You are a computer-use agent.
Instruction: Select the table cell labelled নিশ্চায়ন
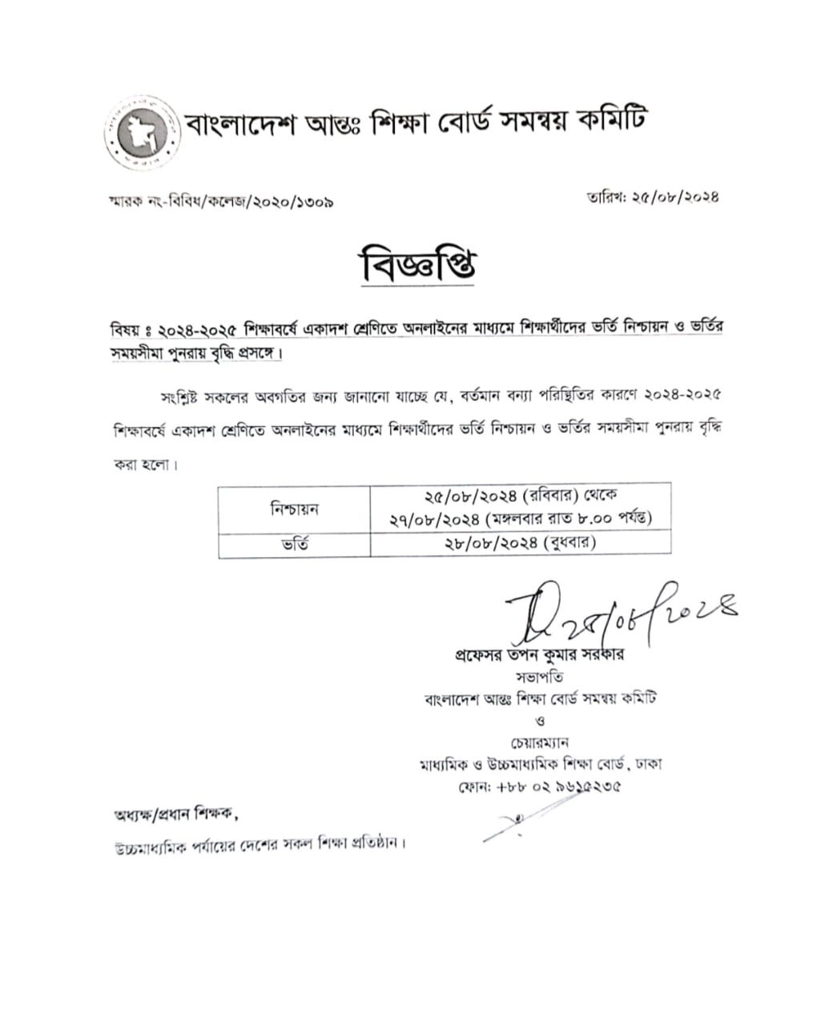(295, 508)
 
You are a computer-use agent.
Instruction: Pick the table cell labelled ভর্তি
(295, 545)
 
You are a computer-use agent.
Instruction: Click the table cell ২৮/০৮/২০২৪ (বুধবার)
(521, 544)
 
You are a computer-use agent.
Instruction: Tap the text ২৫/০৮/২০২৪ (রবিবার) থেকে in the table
(521, 497)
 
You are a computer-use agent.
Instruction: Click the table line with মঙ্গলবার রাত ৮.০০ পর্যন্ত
(521, 519)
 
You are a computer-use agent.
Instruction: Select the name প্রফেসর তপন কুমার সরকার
(537, 654)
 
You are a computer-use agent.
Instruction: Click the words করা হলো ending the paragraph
(144, 464)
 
